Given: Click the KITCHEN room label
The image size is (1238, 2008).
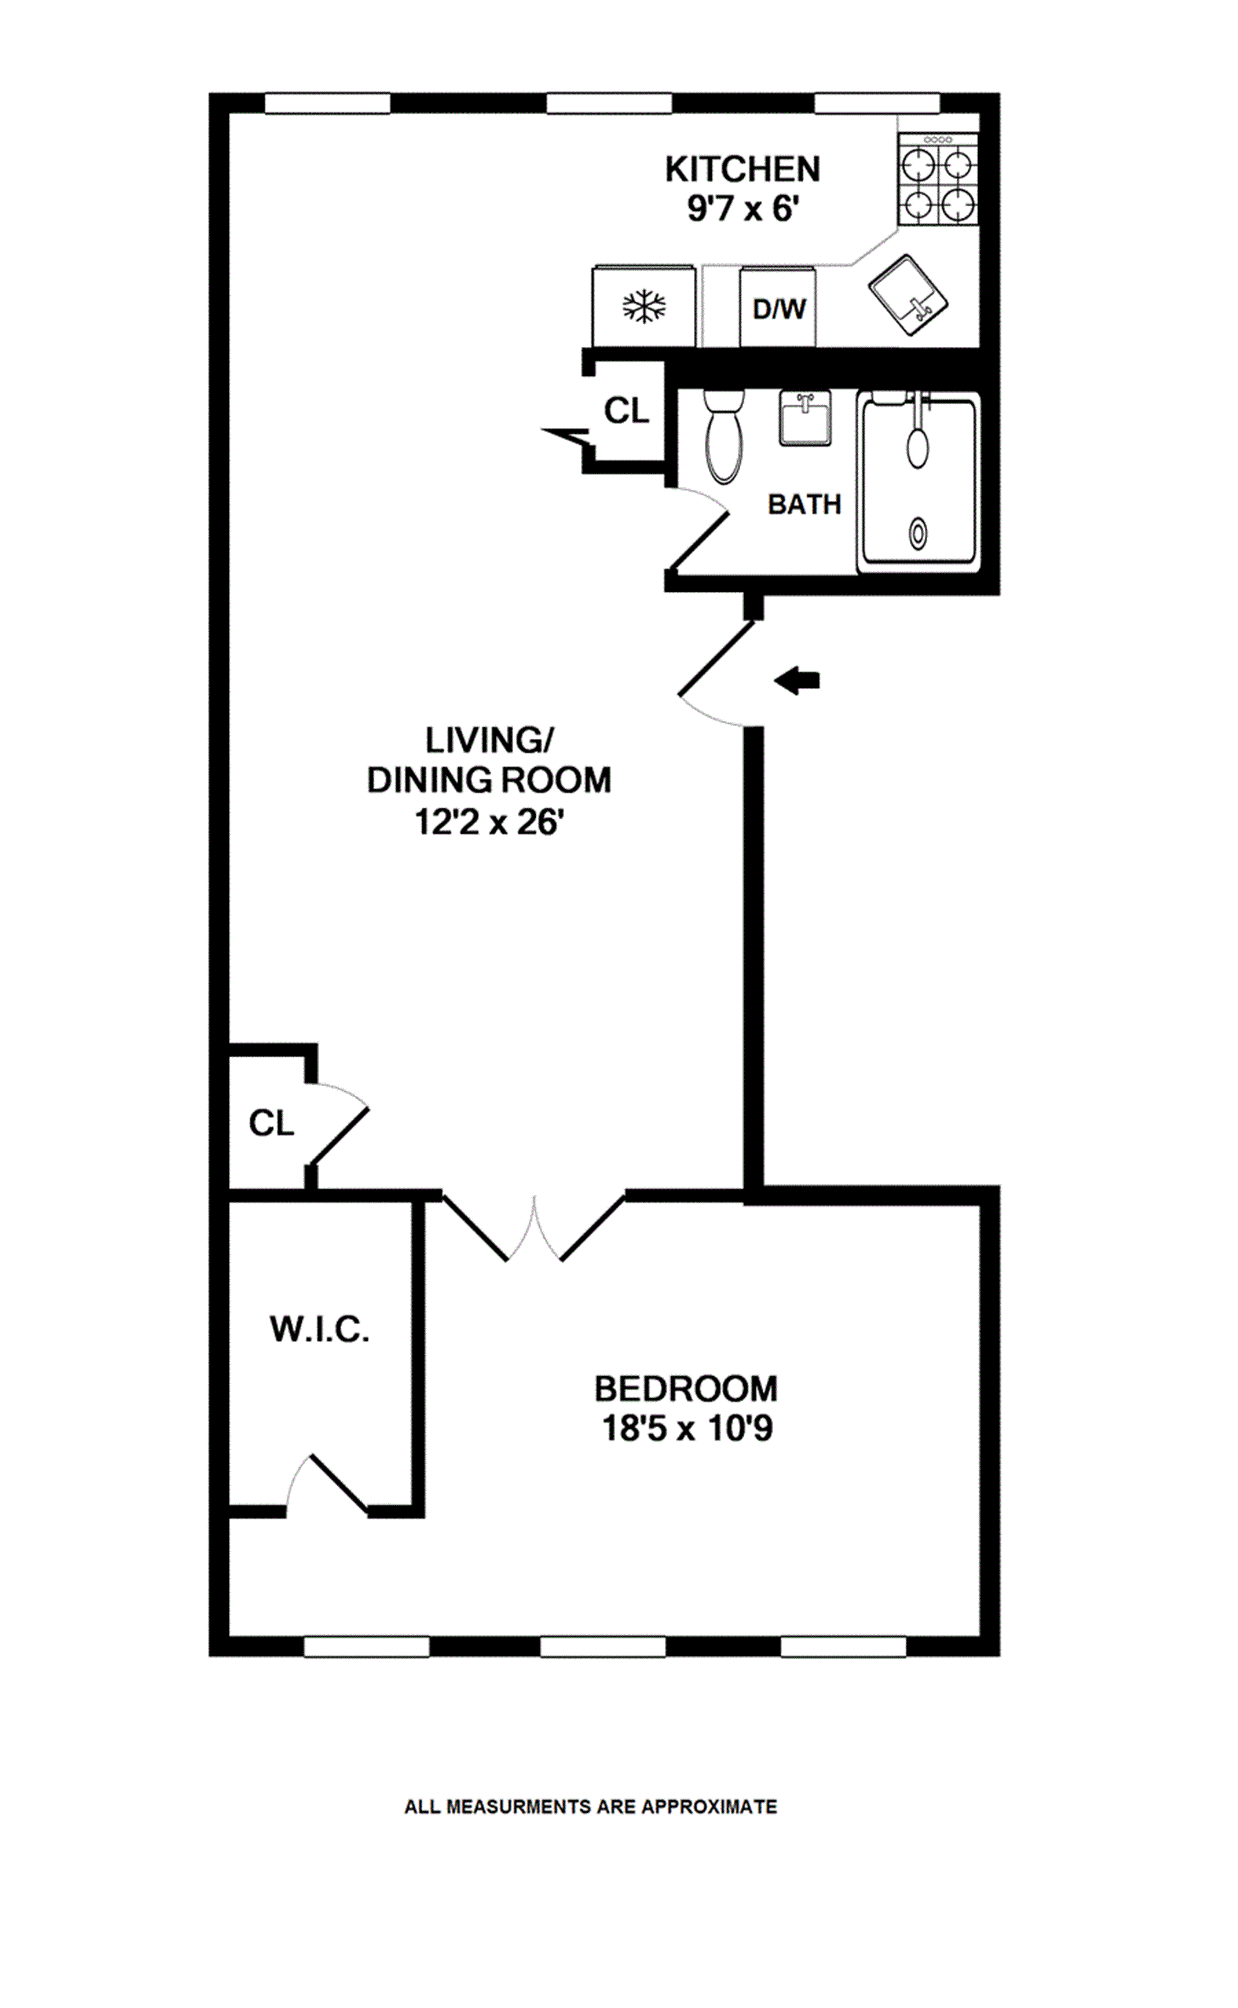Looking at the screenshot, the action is [x=742, y=170].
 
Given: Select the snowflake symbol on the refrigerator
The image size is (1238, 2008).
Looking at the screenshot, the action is [x=644, y=307].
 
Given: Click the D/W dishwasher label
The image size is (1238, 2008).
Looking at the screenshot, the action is [x=779, y=309].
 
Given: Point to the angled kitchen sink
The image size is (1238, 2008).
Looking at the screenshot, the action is [x=907, y=295].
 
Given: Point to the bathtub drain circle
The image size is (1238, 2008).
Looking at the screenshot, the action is [x=918, y=534].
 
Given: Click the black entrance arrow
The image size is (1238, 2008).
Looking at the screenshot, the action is [x=798, y=679].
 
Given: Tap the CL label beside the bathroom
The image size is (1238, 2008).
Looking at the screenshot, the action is [x=626, y=411].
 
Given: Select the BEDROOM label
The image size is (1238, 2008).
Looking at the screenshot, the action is [x=686, y=1389].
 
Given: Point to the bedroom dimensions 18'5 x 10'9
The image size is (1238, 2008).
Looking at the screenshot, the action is [x=686, y=1428].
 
